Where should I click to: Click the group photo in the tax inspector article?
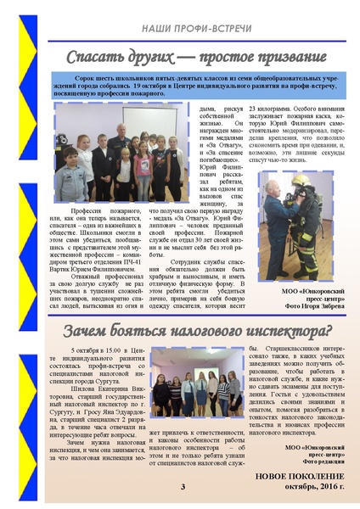pos(194,386)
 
